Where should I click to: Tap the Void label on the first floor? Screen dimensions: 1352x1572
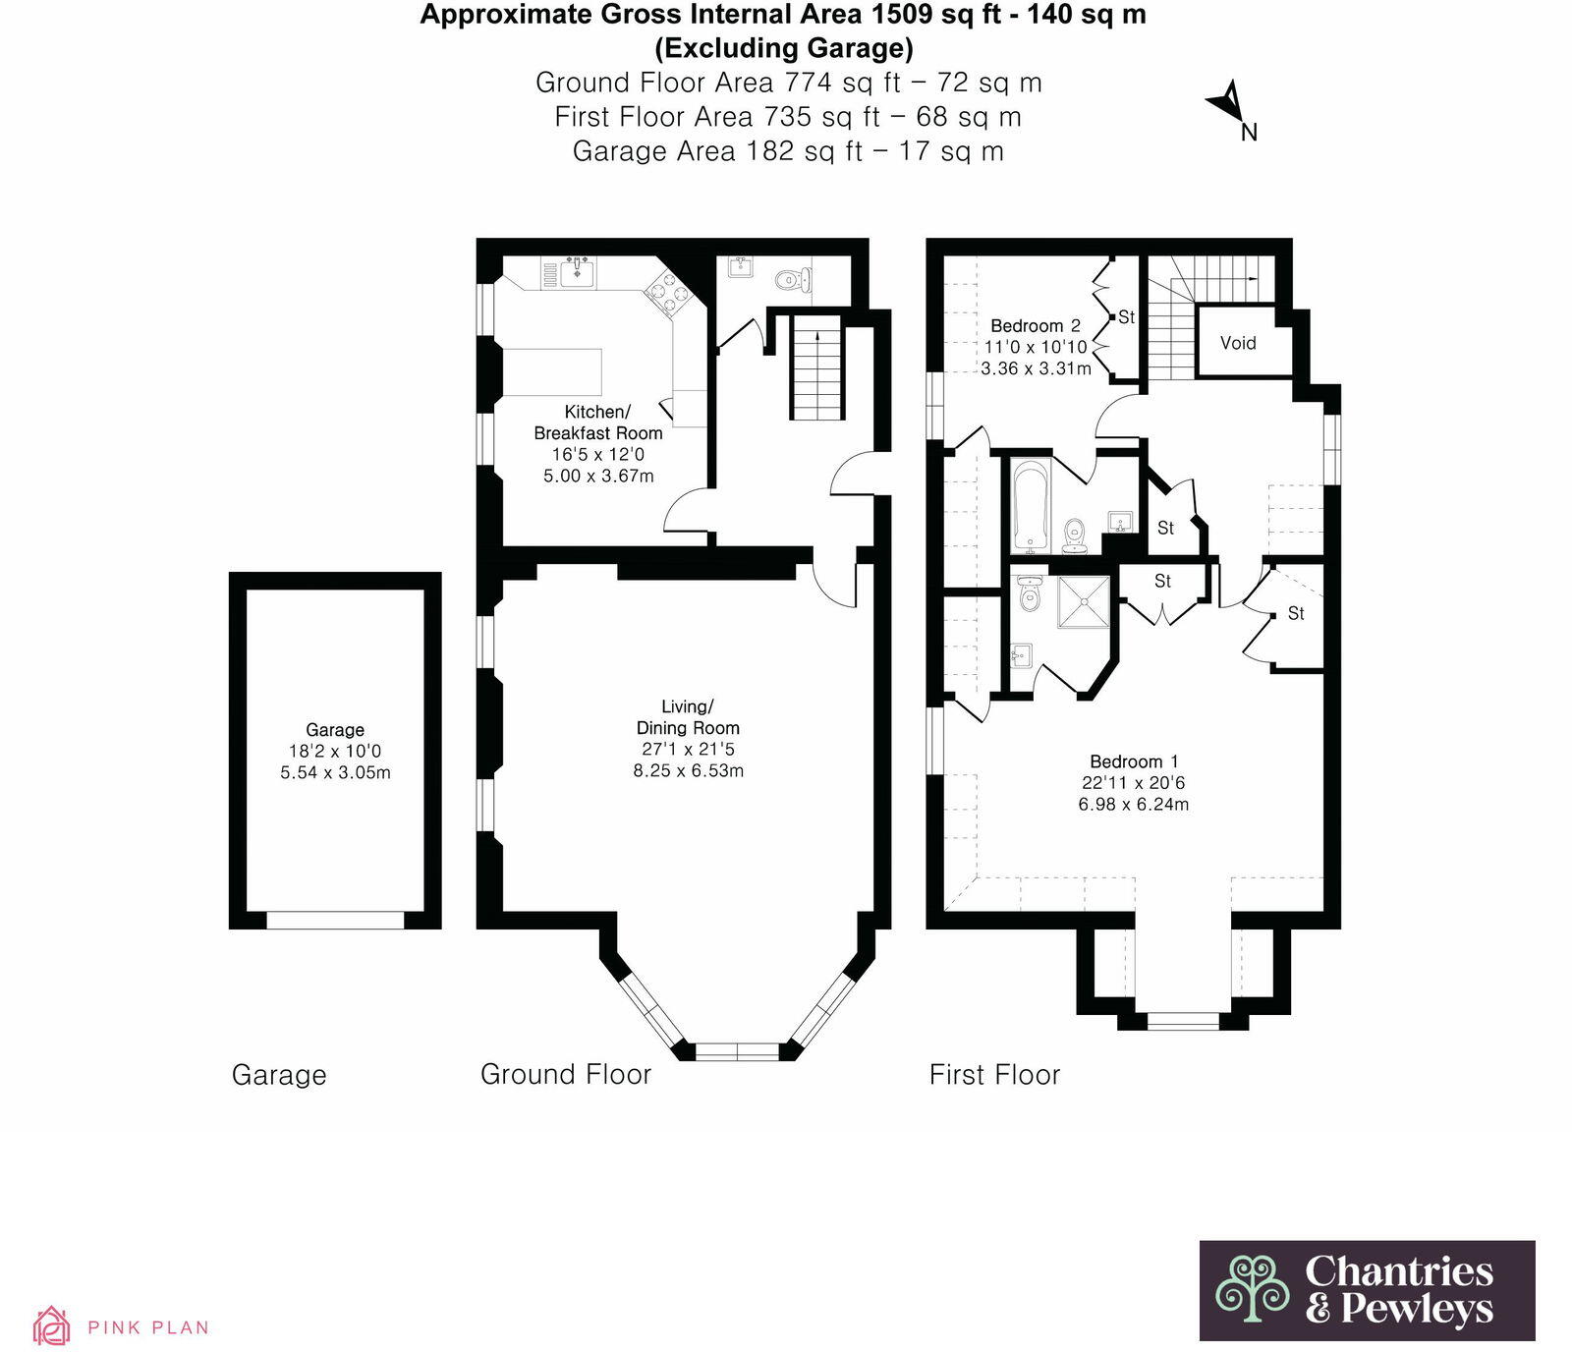[x=1238, y=343]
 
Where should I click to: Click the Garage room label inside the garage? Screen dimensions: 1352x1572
[x=335, y=729]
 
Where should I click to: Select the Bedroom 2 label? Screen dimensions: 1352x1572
[x=1036, y=325]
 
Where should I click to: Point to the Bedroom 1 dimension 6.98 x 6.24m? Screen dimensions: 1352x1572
[x=1134, y=804]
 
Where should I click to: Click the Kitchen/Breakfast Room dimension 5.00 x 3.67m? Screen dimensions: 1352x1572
[x=598, y=476]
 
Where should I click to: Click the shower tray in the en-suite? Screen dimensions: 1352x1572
[x=1084, y=601]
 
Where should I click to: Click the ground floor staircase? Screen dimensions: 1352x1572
[x=817, y=367]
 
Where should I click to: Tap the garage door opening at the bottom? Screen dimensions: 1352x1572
[x=335, y=920]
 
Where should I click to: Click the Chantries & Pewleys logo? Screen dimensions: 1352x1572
[x=1367, y=1290]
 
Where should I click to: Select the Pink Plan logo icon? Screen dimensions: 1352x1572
[x=51, y=1325]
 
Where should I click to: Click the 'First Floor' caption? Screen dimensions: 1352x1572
[x=994, y=1075]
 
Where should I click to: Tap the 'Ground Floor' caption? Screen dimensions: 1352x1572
[x=566, y=1075]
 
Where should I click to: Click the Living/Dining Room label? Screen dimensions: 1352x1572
[x=688, y=717]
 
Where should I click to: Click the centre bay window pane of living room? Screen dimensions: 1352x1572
[x=737, y=1051]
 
